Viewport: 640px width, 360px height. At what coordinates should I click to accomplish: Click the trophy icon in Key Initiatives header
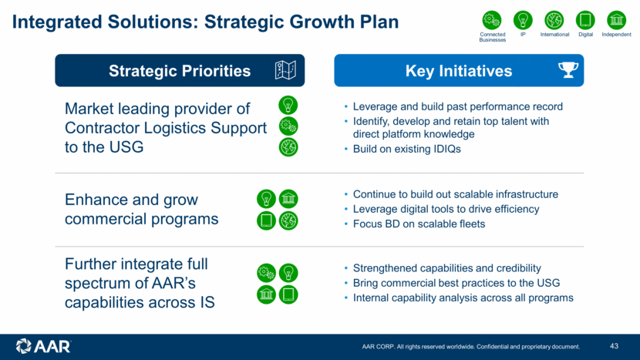(568, 70)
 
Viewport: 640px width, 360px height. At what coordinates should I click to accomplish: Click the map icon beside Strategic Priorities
(285, 70)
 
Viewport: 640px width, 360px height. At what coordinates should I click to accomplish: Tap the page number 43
(615, 346)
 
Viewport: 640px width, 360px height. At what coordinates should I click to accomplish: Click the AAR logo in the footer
(43, 346)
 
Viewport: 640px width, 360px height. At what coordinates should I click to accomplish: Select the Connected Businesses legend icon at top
(492, 20)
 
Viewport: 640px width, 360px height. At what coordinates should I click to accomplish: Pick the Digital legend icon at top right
(585, 20)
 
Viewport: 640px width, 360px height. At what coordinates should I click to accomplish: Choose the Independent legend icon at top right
(616, 20)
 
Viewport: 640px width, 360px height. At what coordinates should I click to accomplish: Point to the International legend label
(554, 35)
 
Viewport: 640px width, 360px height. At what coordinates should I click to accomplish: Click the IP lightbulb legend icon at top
(523, 20)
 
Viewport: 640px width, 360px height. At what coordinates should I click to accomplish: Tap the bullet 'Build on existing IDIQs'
(406, 149)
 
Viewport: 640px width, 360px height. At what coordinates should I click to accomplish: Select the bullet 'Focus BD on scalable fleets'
(419, 224)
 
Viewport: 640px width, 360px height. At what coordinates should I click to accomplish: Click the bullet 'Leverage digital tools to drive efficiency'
(446, 209)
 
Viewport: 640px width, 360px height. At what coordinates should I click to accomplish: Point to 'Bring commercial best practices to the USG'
(456, 283)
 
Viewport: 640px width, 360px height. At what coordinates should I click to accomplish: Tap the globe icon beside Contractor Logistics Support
(288, 147)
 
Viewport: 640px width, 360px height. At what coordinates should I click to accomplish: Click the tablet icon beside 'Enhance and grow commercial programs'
(266, 220)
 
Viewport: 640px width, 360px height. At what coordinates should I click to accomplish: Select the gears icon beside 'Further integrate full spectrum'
(266, 273)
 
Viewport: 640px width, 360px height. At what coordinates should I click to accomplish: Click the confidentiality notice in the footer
(470, 347)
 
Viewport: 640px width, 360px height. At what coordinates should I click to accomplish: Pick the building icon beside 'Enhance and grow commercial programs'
(288, 199)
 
